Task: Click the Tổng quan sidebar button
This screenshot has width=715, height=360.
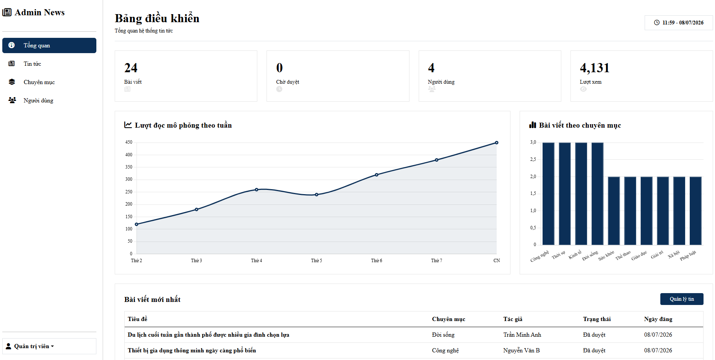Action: click(x=49, y=45)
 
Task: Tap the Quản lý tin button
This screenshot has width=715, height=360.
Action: click(x=682, y=299)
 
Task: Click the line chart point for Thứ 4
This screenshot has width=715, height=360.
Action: click(x=257, y=190)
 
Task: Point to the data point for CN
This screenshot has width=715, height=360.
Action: click(x=497, y=143)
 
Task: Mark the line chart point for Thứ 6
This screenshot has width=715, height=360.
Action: click(x=377, y=175)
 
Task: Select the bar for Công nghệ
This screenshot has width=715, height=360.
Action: click(x=548, y=194)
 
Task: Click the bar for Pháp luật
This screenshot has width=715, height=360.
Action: click(x=695, y=211)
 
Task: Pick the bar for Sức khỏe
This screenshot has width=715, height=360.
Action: click(x=614, y=211)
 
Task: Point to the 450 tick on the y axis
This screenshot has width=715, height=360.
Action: click(x=129, y=142)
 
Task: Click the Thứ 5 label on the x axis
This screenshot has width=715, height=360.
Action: click(x=317, y=261)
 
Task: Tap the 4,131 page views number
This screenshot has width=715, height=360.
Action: click(x=595, y=68)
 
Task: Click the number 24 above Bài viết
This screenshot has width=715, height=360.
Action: click(x=131, y=68)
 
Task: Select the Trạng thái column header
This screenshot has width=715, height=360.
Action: click(x=597, y=319)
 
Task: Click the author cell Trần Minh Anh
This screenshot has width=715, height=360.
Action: click(x=522, y=335)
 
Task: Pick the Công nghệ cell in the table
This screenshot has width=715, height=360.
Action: click(x=445, y=350)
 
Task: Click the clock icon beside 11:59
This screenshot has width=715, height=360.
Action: click(x=657, y=23)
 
